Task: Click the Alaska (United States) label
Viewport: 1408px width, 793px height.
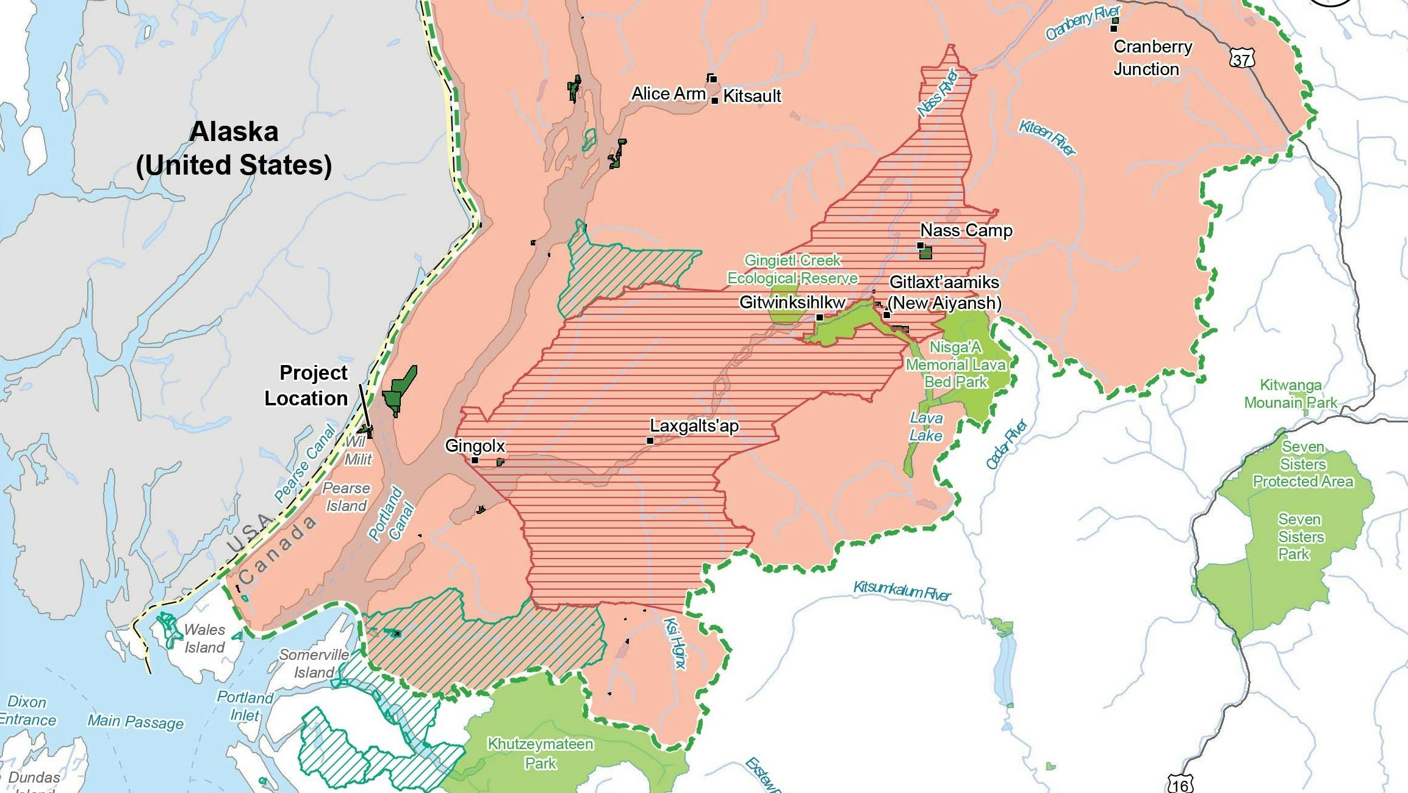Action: (234, 148)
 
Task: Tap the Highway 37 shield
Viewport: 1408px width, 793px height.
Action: (1242, 59)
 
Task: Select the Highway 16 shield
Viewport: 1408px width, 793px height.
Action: (1180, 784)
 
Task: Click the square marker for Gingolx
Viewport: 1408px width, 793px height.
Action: (475, 460)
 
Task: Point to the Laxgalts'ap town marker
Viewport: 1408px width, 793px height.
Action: (650, 441)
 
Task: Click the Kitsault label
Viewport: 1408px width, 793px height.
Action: (752, 96)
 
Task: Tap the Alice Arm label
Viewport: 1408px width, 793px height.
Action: (668, 94)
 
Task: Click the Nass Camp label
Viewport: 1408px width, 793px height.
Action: (966, 231)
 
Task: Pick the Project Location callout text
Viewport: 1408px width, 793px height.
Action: (307, 386)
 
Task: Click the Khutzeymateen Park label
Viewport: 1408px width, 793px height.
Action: (540, 753)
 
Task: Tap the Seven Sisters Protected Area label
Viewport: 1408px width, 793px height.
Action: (1302, 465)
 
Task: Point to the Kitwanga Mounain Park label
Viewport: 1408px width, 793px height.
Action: (1290, 394)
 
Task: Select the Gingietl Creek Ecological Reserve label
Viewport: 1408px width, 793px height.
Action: (792, 269)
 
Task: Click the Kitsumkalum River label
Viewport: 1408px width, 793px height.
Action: (902, 590)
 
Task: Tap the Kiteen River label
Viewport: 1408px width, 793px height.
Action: (1047, 137)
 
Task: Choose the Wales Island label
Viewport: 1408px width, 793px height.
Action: (204, 639)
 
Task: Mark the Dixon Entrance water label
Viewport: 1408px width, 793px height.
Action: (27, 711)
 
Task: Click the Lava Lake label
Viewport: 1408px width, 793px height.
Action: (925, 427)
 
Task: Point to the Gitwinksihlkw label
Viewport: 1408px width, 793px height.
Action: (792, 303)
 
